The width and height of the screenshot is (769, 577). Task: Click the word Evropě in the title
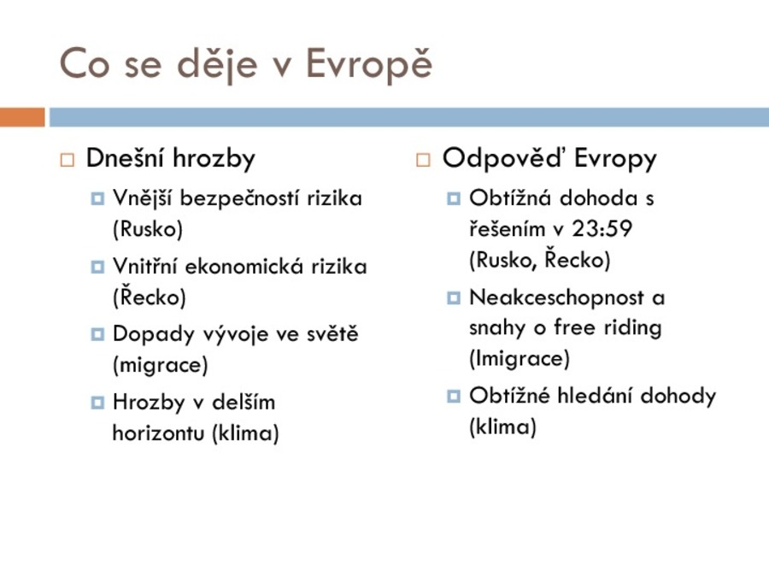click(369, 64)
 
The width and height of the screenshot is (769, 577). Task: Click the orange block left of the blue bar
click(22, 117)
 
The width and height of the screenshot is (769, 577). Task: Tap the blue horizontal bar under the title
click(409, 117)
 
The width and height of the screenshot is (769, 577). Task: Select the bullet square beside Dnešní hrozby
click(68, 160)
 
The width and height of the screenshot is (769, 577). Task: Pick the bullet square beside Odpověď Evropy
click(423, 160)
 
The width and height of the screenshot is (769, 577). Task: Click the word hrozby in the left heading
click(214, 158)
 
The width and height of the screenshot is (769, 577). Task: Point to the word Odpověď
click(504, 158)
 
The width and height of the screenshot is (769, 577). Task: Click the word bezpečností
click(240, 198)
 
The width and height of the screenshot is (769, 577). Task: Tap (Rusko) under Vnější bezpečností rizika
click(148, 229)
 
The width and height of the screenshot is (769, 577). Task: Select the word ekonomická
click(243, 267)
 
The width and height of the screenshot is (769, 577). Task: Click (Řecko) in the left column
click(149, 297)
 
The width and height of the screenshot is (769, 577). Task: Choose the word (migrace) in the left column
click(161, 364)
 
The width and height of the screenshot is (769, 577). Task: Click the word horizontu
click(158, 433)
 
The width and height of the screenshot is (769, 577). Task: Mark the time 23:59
click(602, 229)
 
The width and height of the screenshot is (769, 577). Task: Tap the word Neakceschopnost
click(556, 297)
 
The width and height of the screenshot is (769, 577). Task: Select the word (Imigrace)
click(520, 358)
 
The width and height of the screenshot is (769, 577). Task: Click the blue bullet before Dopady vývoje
click(97, 334)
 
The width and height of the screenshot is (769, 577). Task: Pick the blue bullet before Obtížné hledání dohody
click(454, 396)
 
